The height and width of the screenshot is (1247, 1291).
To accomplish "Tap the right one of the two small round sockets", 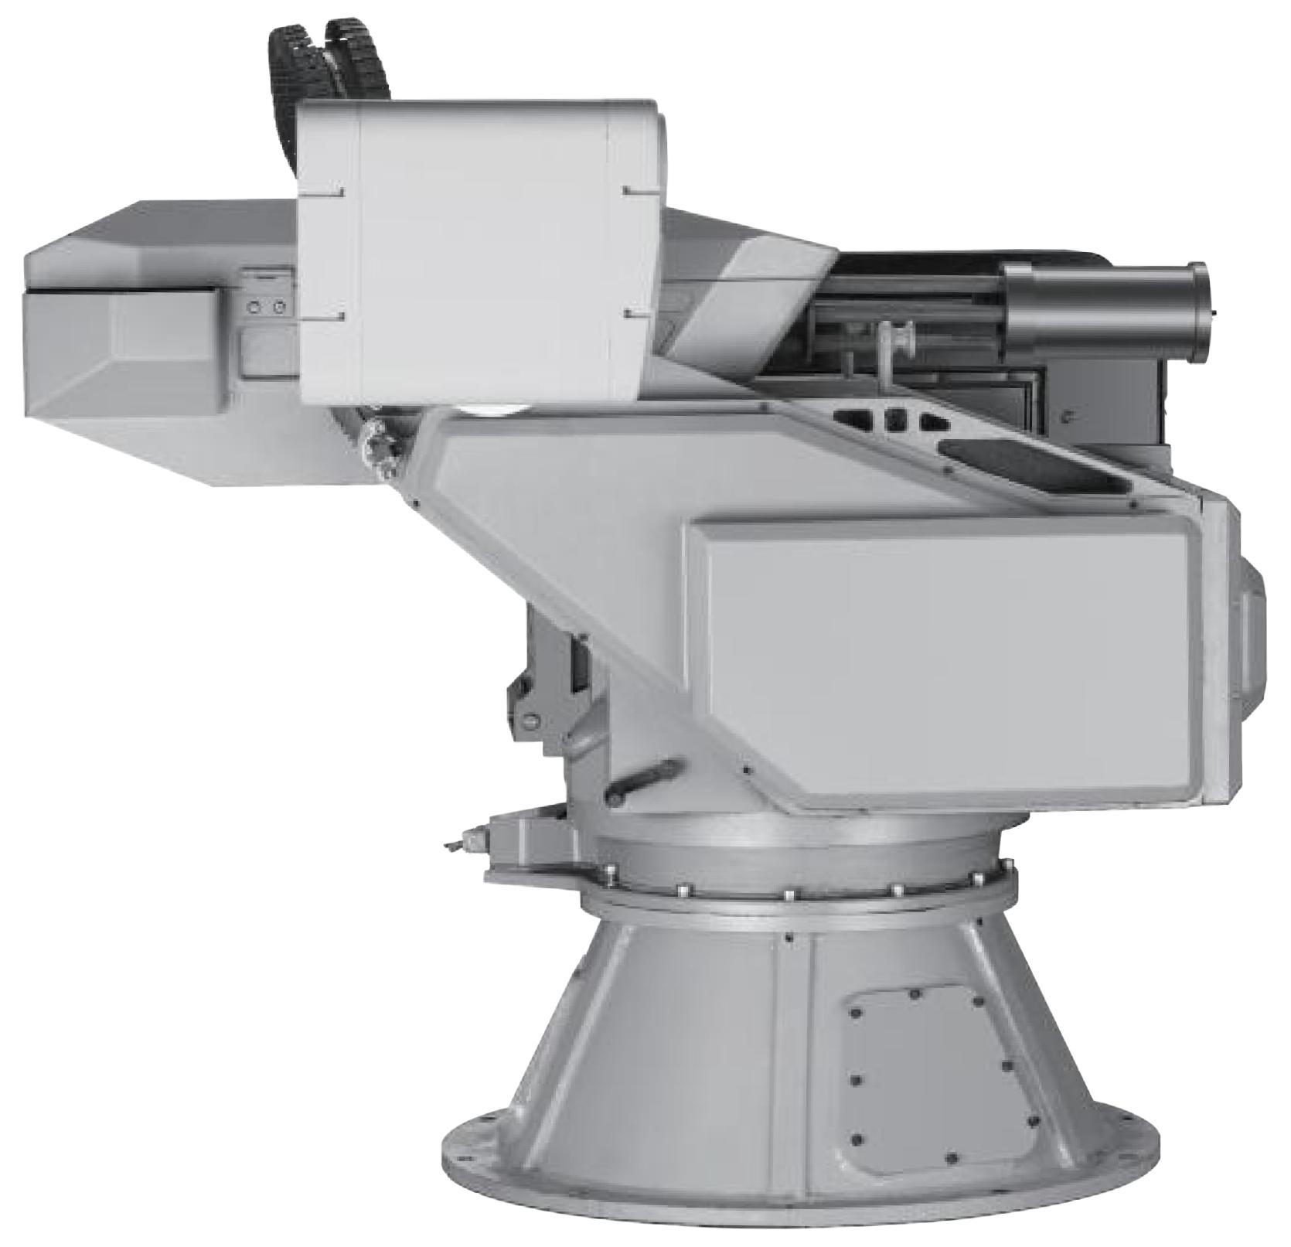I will click(x=279, y=308).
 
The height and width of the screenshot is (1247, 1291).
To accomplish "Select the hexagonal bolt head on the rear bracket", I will click(x=530, y=719).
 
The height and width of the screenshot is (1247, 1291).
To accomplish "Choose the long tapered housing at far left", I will click(x=124, y=340).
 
